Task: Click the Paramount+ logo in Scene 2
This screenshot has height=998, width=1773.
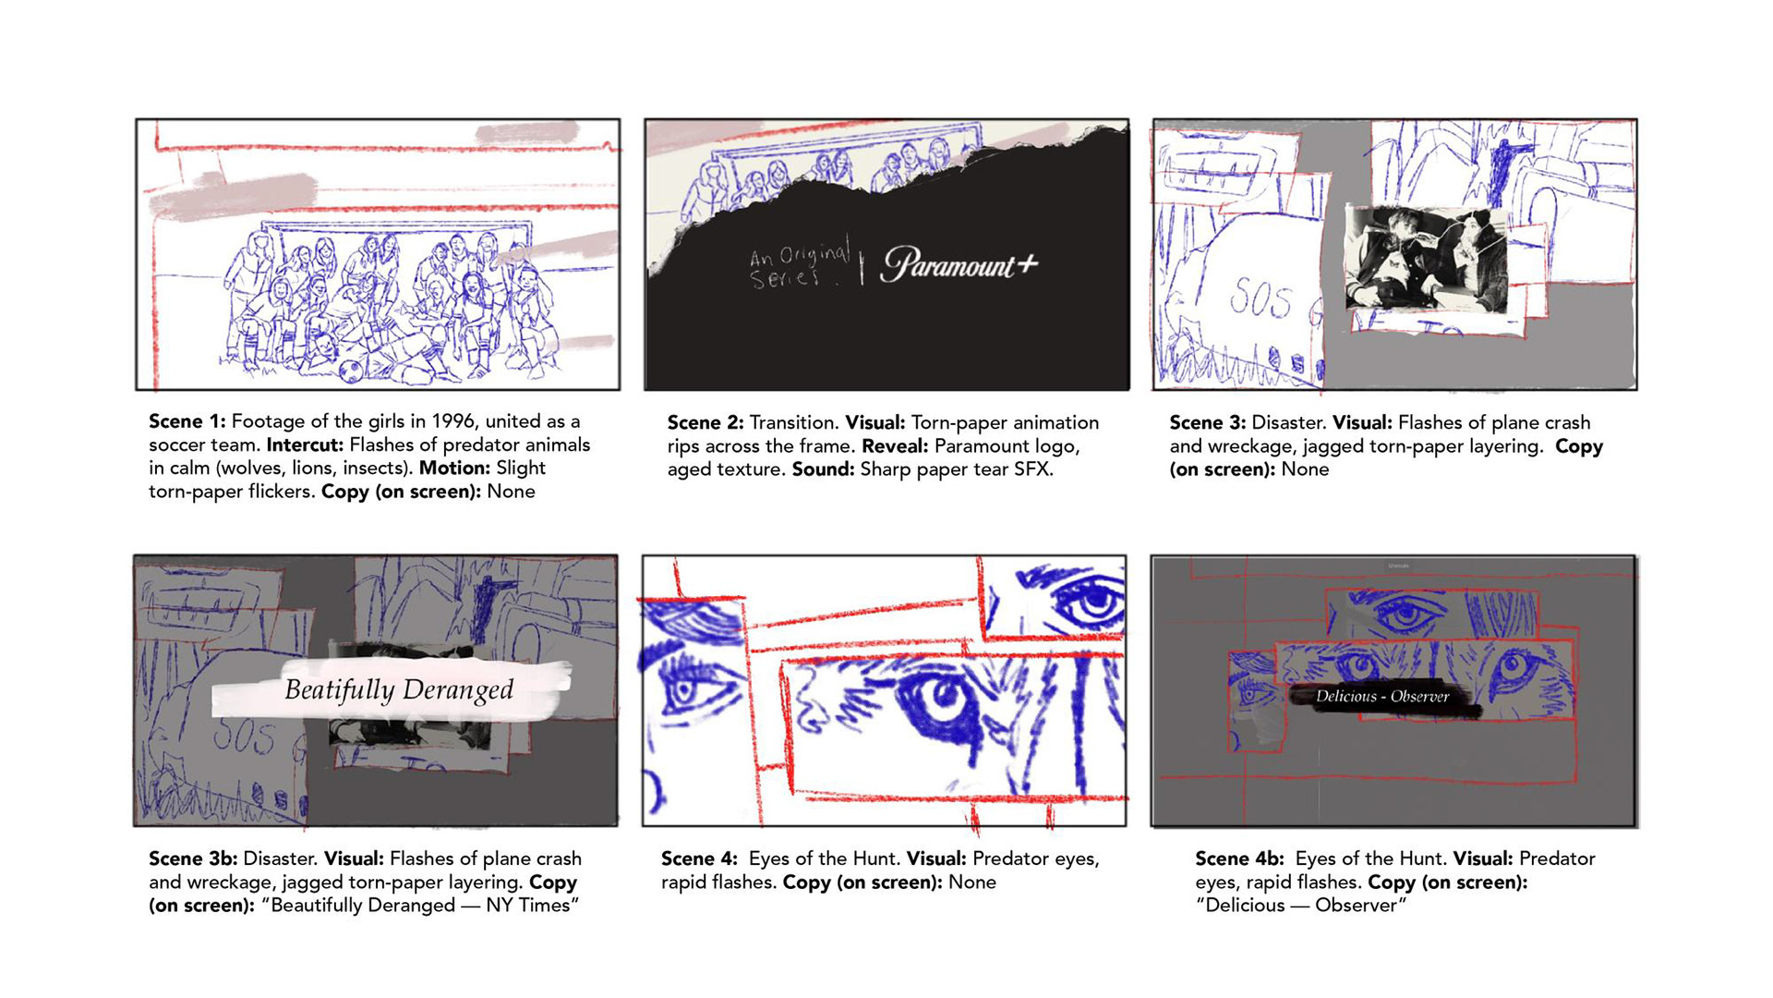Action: [x=959, y=264]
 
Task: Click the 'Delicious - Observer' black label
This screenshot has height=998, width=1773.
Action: [x=1381, y=697]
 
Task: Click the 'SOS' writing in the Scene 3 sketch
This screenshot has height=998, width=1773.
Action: [x=1260, y=298]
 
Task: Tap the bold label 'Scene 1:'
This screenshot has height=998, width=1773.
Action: [x=187, y=421]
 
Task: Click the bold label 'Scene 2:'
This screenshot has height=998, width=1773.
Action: [x=706, y=422]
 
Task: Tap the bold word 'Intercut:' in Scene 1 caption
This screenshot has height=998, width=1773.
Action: [x=305, y=444]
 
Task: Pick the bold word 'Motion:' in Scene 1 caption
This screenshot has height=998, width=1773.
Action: [x=454, y=468]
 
